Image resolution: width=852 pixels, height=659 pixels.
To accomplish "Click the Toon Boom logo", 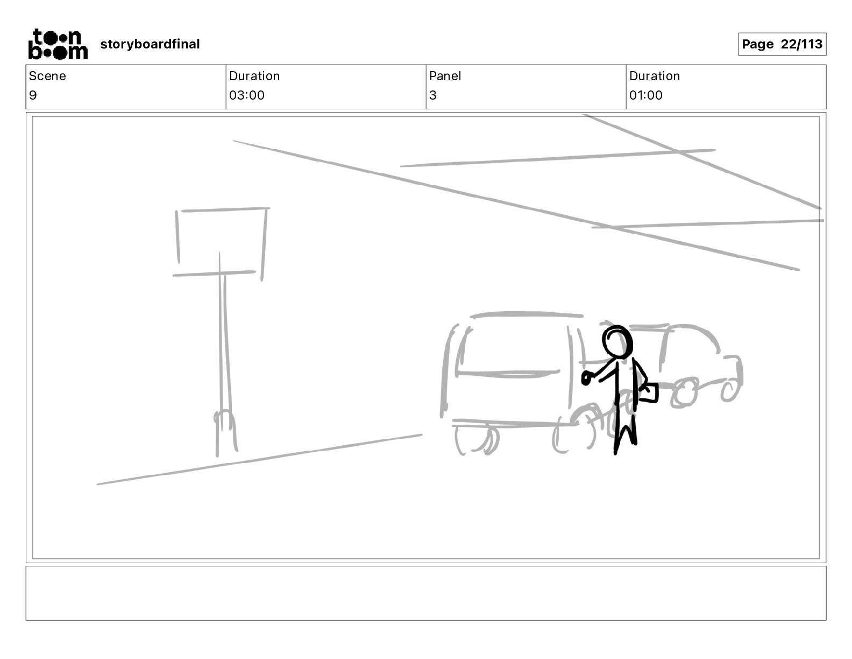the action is (58, 44).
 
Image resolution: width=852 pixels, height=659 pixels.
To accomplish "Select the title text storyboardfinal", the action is (150, 44).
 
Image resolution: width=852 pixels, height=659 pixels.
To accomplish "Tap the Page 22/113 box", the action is (782, 44).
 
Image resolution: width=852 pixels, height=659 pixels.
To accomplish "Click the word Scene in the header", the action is (47, 76).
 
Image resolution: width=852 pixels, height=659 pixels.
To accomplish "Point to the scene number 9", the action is (33, 95).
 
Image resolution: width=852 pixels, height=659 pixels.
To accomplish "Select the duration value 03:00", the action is (247, 95).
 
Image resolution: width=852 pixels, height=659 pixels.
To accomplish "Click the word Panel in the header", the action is (445, 76).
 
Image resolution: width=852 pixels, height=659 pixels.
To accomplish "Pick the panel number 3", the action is (433, 95).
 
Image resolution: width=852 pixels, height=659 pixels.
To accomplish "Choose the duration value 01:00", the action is (646, 95).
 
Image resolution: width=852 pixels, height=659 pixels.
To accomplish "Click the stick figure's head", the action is (617, 341).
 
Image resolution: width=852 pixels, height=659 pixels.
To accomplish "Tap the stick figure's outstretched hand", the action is (586, 378).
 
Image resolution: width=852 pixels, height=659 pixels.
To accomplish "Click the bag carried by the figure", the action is (649, 393).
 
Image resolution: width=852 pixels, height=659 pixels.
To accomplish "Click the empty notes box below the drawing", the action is (426, 593).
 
